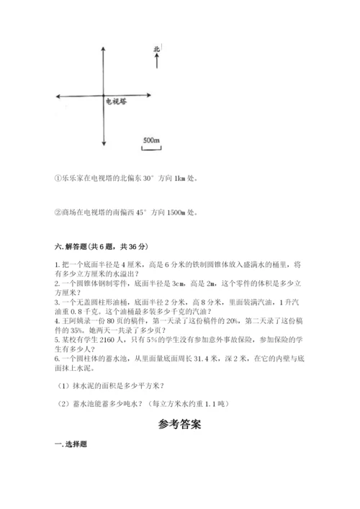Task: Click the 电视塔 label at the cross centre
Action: click(118, 101)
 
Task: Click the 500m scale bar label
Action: click(151, 139)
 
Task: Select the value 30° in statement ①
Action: click(126, 179)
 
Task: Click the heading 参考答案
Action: click(180, 425)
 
